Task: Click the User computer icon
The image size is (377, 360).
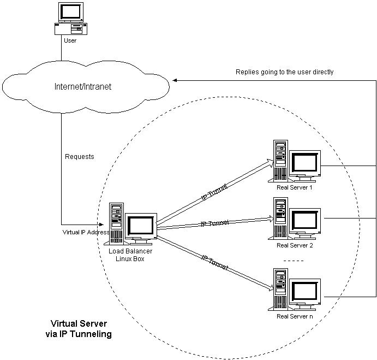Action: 70,19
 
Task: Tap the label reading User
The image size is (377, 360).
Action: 70,40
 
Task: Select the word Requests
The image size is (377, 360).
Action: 80,157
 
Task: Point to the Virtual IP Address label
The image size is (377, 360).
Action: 87,232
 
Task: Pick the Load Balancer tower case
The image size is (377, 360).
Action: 116,222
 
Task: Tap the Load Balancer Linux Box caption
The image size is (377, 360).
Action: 130,255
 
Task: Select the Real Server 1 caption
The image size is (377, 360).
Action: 295,187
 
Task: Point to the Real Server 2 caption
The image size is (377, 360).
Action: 295,245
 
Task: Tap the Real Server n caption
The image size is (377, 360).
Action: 295,316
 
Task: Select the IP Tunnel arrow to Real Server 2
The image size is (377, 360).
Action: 214,223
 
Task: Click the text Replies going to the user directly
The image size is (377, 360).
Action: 284,72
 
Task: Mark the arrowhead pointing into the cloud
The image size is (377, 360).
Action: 176,80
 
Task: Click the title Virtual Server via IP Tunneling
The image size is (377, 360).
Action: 81,328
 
